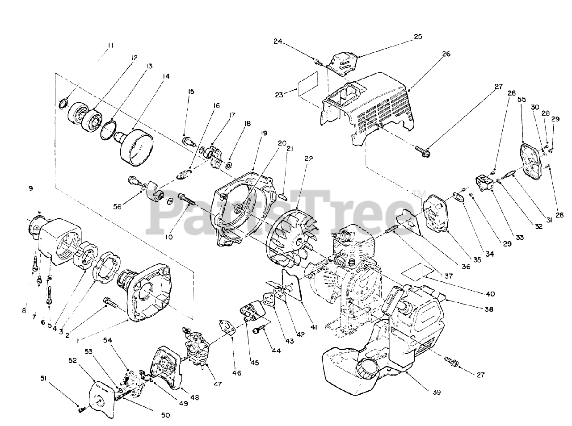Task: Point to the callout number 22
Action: point(309,159)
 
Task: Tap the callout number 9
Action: point(31,189)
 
